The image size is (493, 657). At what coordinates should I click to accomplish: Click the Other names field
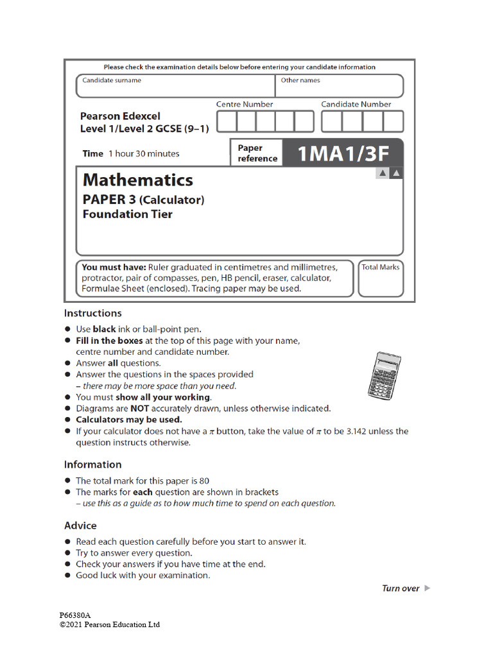(341, 86)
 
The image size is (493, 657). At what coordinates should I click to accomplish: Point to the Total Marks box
(380, 278)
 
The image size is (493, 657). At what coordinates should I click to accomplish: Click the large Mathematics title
(137, 179)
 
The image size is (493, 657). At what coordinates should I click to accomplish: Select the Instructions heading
(92, 313)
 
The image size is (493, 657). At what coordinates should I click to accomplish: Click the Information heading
(92, 465)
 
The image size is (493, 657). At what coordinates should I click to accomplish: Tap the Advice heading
(80, 525)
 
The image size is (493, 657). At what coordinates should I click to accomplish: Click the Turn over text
(401, 588)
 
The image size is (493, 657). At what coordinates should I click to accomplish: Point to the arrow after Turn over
(428, 588)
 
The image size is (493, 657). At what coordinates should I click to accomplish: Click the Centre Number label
(245, 104)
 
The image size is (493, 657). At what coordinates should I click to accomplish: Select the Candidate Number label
(356, 104)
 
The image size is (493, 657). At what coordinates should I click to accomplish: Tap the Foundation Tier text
(127, 214)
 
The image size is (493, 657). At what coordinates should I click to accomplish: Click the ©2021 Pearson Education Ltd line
(110, 624)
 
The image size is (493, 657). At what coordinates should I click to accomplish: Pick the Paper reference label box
(257, 153)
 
